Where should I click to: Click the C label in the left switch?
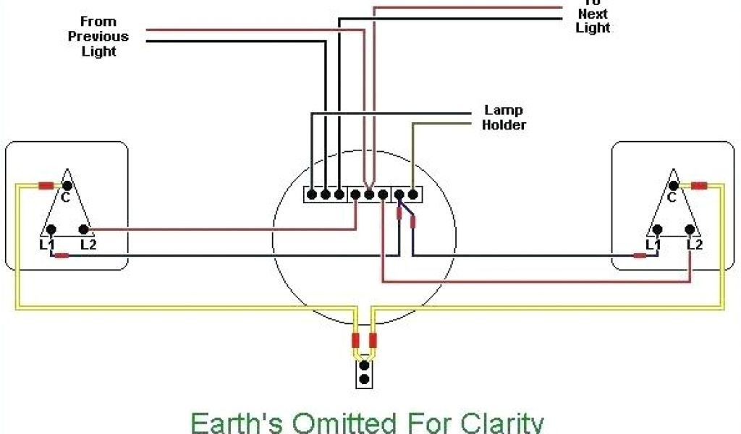coord(65,197)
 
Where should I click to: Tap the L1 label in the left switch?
coord(47,244)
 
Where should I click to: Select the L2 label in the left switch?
coord(88,244)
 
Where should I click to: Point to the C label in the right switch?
coord(672,197)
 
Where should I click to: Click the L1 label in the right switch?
coord(653,244)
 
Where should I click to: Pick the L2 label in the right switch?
coord(695,244)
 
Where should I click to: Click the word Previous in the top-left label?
coord(98,36)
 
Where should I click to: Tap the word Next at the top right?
coord(593,14)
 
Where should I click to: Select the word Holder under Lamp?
coord(504,124)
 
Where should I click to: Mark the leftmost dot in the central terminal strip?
coord(311,194)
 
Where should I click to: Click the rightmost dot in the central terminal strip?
coord(412,194)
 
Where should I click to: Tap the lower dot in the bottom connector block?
coord(365,379)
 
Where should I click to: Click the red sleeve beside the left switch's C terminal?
coord(46,186)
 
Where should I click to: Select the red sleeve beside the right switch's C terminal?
coord(698,186)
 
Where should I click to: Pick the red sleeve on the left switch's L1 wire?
coord(63,255)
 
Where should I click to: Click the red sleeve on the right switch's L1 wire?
coord(640,255)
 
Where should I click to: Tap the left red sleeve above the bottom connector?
coord(355,341)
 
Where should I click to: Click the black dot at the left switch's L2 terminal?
coord(84,231)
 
